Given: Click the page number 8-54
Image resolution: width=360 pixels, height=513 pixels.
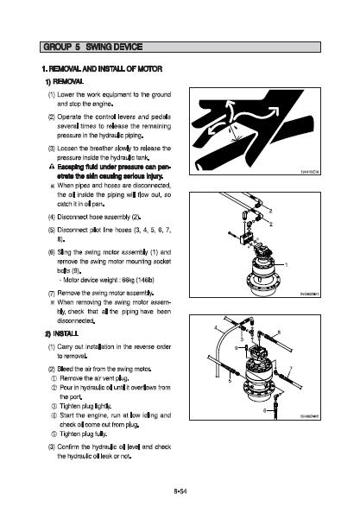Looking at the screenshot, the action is (180, 491).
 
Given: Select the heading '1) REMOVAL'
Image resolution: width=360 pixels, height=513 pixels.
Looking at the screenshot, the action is (65, 81).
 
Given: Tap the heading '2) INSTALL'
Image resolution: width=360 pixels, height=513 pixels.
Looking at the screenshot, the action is (62, 333).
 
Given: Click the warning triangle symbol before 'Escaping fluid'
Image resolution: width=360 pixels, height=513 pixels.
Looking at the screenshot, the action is (51, 167).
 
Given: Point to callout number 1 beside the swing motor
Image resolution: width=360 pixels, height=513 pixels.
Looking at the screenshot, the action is (287, 264).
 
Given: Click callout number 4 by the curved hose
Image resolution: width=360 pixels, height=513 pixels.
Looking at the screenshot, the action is (216, 327).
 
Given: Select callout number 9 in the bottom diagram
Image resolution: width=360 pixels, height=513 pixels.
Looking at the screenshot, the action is (236, 348).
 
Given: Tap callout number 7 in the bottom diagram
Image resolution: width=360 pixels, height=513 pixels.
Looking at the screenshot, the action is (290, 369).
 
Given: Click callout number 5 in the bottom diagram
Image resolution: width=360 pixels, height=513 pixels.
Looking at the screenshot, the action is (230, 381).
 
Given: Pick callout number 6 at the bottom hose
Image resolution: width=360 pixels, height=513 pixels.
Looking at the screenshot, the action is (265, 410).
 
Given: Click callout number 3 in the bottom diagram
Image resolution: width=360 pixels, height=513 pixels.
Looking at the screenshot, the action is (242, 339).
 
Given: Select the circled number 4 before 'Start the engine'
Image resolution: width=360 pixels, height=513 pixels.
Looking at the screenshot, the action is (54, 415).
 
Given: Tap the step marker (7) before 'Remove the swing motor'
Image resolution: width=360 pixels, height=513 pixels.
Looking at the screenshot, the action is (52, 293).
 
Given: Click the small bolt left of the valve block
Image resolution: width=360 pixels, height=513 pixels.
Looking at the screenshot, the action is (232, 234).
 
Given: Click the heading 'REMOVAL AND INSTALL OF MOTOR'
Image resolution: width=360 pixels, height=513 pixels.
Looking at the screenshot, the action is (105, 69).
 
